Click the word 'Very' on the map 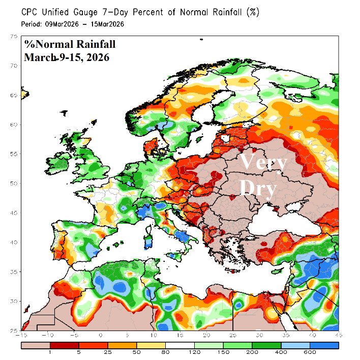263,164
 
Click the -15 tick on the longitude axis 21,336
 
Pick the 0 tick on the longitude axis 101,336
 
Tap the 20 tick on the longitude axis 206,336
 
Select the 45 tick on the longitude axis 338,336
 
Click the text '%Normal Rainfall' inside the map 70,44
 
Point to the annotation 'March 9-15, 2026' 66,57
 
